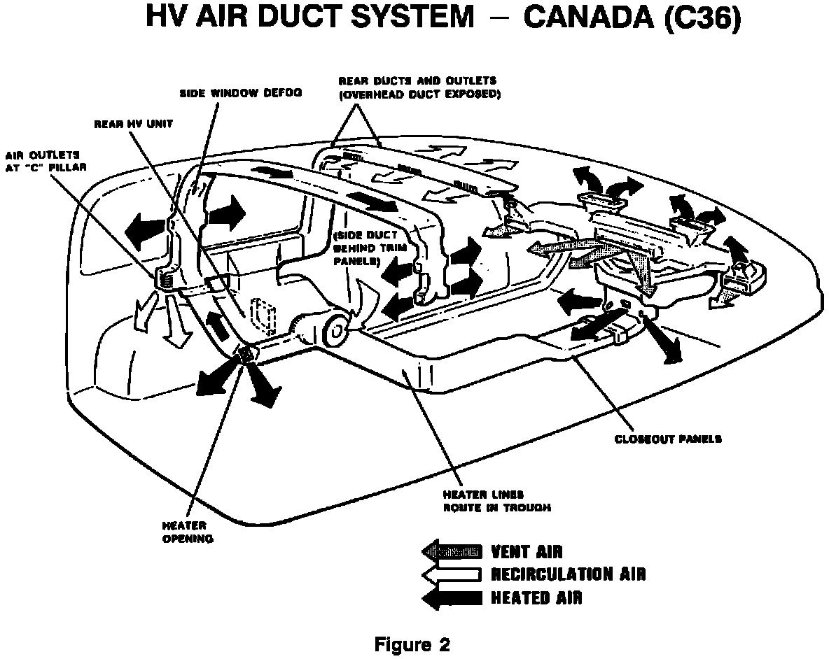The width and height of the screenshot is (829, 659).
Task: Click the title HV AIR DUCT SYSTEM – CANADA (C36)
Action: [x=442, y=18]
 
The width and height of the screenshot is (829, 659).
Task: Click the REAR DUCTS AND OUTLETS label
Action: [x=418, y=87]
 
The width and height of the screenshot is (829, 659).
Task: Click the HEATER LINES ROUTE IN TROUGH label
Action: [x=496, y=502]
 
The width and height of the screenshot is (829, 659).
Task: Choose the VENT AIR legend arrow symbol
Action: [x=452, y=552]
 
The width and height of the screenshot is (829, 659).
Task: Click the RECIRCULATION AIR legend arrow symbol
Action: [x=452, y=575]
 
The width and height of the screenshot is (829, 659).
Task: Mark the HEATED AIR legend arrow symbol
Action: [x=452, y=598]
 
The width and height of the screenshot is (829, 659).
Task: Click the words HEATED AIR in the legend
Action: [x=536, y=598]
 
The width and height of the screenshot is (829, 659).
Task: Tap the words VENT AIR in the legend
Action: [x=527, y=552]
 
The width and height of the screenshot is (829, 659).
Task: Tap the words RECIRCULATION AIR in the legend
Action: [x=568, y=575]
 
